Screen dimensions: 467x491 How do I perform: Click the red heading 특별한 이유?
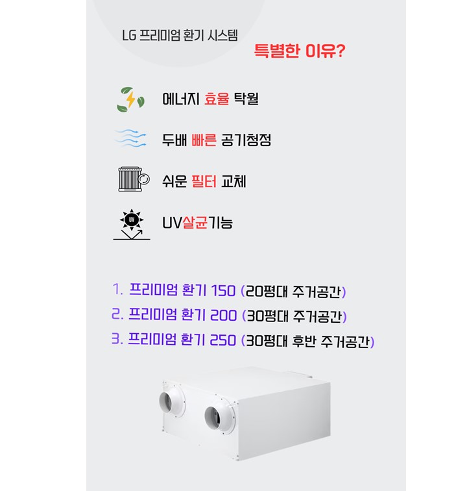[x=300, y=51]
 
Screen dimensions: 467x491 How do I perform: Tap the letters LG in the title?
[x=129, y=35]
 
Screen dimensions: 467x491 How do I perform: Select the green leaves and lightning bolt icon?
[x=130, y=99]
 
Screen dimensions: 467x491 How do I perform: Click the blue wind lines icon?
[x=130, y=138]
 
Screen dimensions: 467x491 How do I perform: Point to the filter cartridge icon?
[x=134, y=179]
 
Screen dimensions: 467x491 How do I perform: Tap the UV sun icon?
[x=132, y=224]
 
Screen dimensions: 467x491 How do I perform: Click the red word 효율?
[x=217, y=99]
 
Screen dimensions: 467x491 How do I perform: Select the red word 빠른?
[x=204, y=140]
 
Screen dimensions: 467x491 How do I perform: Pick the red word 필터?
[x=204, y=181]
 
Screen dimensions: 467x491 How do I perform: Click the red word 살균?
[x=195, y=223]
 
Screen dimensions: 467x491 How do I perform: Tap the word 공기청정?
[x=246, y=140]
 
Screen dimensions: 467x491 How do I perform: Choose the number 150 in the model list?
[x=223, y=290]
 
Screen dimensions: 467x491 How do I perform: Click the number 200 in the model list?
[x=223, y=315]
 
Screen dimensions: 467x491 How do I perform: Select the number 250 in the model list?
[x=222, y=340]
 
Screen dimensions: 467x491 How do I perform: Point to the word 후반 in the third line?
[x=304, y=341]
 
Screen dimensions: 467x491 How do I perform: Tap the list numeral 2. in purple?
[x=117, y=314]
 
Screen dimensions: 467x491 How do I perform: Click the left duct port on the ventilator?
[x=171, y=401]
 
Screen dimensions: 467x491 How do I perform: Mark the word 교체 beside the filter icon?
[x=233, y=181]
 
